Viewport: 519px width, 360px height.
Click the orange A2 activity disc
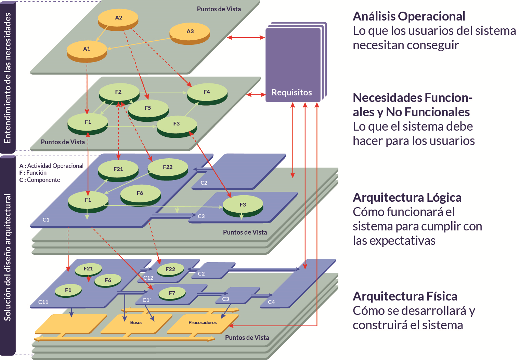click(x=118, y=18)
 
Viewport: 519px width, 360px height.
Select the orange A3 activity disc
click(x=190, y=31)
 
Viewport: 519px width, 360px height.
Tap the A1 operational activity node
click(x=87, y=49)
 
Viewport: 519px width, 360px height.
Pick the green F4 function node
click(x=207, y=92)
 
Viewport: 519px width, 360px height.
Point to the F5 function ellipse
click(x=148, y=108)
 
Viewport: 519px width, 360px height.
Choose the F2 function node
click(x=118, y=92)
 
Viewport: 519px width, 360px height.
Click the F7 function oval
click(x=172, y=293)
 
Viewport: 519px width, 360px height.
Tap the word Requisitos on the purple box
click(x=291, y=93)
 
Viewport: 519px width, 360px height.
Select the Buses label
click(x=136, y=322)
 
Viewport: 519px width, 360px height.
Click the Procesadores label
click(x=203, y=322)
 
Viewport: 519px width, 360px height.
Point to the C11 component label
click(x=43, y=302)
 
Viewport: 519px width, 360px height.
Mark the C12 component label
click(x=148, y=278)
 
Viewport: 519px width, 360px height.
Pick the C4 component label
click(x=271, y=302)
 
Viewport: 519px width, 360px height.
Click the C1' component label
click(x=146, y=300)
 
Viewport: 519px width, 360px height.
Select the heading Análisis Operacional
click(x=409, y=16)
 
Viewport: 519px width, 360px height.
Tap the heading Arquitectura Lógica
click(x=407, y=198)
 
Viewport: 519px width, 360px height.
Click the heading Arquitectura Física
click(x=405, y=296)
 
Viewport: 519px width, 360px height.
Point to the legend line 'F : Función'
click(x=33, y=173)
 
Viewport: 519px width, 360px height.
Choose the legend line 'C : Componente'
click(x=40, y=180)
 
